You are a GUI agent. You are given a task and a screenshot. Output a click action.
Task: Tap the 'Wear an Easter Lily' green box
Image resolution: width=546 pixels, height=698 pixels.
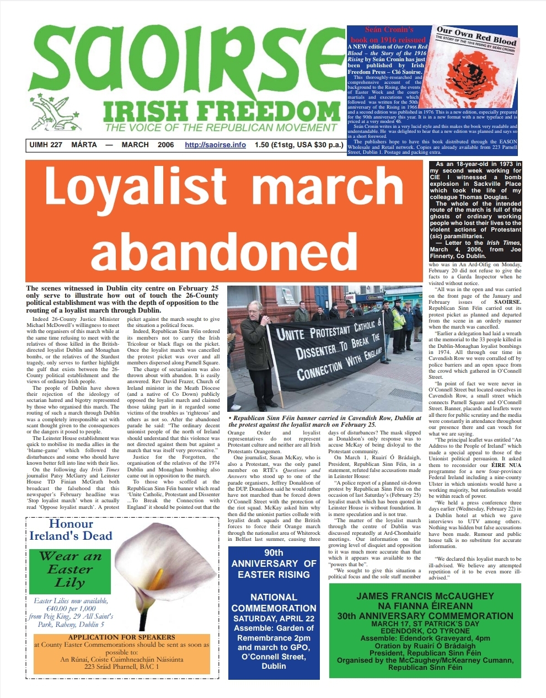point(70,569)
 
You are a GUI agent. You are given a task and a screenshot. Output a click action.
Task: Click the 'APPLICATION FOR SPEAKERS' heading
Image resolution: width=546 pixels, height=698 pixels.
point(121,637)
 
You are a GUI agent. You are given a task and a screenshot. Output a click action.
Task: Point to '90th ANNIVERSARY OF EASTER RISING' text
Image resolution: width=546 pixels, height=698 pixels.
point(274,563)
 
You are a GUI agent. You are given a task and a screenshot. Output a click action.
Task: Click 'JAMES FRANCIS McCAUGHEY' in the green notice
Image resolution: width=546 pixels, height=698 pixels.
point(425,596)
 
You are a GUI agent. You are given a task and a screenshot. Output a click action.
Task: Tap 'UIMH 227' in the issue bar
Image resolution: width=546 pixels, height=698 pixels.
point(45,145)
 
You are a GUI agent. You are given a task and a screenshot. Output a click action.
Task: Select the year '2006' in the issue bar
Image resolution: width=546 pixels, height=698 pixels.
point(165,145)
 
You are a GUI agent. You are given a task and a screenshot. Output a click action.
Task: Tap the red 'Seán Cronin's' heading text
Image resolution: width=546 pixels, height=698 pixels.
point(389,30)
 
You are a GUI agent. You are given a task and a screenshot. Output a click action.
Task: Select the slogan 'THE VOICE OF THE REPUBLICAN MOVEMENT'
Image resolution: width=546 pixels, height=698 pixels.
point(221,128)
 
